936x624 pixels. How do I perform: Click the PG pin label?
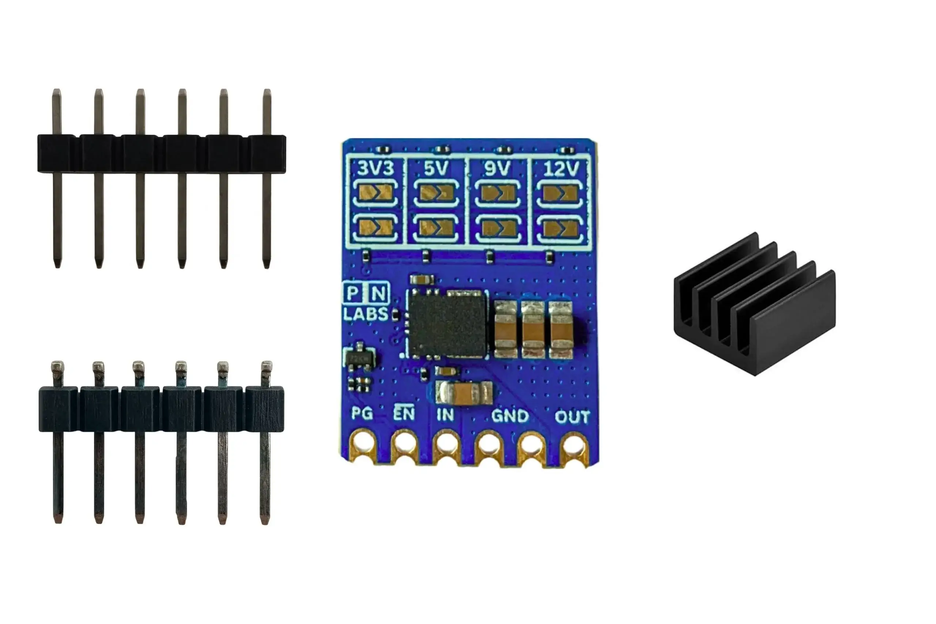point(362,414)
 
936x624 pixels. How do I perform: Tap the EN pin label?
point(404,414)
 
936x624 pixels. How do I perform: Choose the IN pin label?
point(445,415)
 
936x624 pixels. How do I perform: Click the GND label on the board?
point(510,416)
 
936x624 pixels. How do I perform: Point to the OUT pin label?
point(572,417)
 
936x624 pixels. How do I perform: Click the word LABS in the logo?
point(365,314)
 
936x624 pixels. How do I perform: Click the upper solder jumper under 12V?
point(561,194)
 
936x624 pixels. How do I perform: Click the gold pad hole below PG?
point(363,445)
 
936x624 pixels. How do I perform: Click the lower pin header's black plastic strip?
point(161,409)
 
